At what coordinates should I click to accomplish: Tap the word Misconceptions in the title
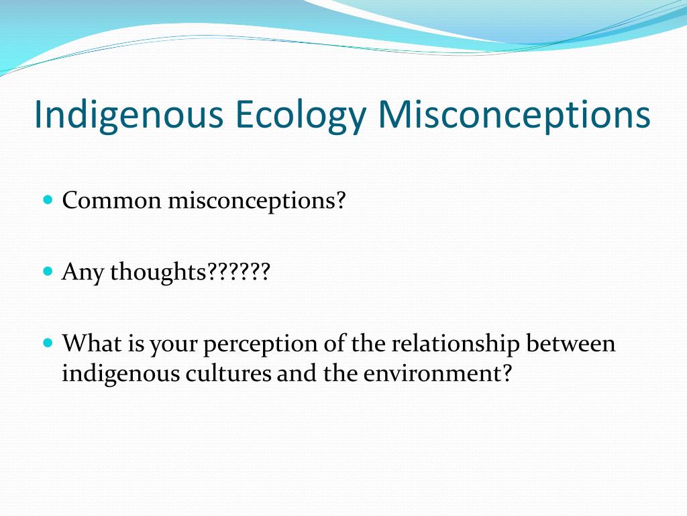point(514,115)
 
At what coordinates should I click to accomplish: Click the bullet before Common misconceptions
point(47,200)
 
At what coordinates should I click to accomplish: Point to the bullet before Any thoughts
point(47,271)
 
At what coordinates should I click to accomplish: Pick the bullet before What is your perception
point(47,343)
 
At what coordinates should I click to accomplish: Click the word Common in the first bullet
point(111,200)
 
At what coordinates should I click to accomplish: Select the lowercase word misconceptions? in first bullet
point(256,200)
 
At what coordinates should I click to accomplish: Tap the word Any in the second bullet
point(83,272)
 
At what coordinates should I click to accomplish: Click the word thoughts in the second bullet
point(158,272)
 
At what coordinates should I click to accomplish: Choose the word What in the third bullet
point(90,343)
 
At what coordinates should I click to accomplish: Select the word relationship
point(456,343)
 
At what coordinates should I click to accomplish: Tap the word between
point(570,343)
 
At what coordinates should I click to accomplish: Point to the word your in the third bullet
point(172,344)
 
